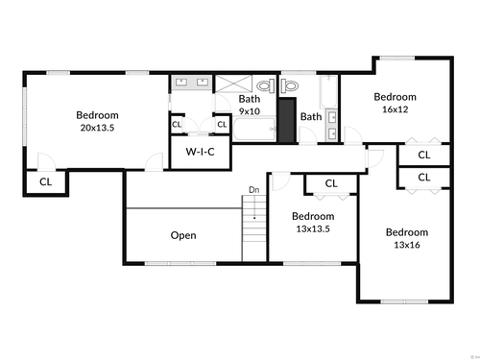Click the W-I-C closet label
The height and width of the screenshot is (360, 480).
point(200,152)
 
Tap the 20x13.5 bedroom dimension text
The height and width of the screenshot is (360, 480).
point(97,128)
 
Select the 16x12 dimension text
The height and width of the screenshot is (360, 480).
point(396,109)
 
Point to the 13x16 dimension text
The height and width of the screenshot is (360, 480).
point(407,245)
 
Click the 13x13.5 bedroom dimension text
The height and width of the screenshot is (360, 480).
point(313,229)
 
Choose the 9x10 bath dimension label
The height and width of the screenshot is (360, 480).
point(250,111)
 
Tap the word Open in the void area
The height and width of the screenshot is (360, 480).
point(183,235)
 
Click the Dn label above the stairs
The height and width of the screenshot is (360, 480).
point(254,190)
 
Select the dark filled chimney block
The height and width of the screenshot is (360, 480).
point(287,120)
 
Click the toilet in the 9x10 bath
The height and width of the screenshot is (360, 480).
point(266,85)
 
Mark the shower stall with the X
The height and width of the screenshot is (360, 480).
point(233,84)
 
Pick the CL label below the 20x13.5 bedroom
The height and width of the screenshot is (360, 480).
point(45,182)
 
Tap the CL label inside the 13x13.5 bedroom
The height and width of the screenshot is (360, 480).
point(331,183)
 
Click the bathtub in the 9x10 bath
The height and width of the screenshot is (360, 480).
point(254,129)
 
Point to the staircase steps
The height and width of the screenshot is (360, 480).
point(254,228)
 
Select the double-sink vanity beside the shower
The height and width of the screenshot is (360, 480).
point(191,83)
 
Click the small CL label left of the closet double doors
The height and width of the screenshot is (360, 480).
point(177,124)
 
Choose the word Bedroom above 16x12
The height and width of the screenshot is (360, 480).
point(396,97)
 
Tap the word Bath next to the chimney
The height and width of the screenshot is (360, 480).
point(311,117)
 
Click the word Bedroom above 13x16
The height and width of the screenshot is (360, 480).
point(407,232)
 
